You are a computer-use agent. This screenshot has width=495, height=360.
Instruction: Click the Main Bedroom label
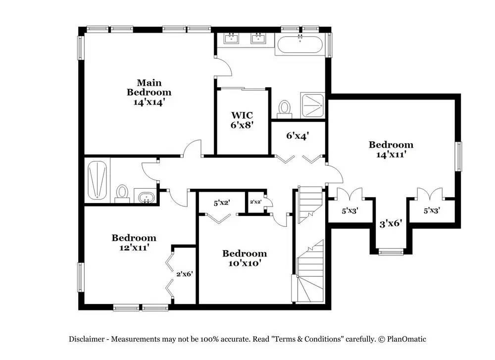click(149, 88)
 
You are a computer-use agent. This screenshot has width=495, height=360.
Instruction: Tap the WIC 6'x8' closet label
click(242, 120)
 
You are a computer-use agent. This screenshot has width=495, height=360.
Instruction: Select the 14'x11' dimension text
click(391, 154)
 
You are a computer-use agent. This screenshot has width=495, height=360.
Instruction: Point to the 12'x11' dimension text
click(134, 248)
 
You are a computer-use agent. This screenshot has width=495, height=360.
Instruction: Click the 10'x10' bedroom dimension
click(245, 263)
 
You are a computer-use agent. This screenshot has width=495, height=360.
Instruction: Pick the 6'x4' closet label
click(297, 136)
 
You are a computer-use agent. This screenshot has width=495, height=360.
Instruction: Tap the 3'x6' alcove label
click(391, 224)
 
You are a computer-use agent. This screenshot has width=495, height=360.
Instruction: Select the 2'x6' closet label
click(184, 274)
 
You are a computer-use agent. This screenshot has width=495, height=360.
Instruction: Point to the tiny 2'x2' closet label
click(255, 202)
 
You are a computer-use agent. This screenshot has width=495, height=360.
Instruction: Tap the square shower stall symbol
click(312, 105)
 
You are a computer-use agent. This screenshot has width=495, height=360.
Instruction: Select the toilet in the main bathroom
click(285, 109)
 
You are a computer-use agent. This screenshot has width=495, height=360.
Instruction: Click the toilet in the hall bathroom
click(122, 194)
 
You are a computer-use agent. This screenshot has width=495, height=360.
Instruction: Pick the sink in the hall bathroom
click(145, 197)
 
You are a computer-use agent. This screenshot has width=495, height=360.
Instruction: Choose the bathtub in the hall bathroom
click(97, 180)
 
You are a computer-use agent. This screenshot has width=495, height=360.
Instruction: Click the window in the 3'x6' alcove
click(391, 252)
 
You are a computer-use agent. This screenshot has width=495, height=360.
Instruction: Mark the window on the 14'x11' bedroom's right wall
click(458, 156)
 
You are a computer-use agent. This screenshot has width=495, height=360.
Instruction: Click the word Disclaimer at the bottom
click(87, 339)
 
